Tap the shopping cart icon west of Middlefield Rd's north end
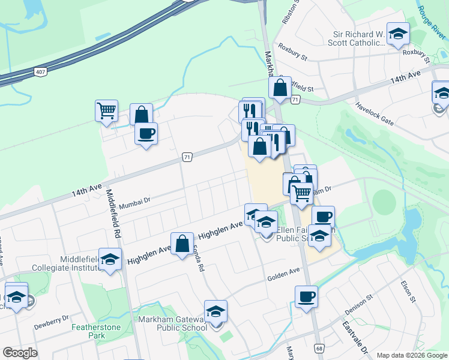pyautogui.click(x=106, y=110)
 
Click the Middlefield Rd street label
pyautogui.click(x=114, y=212)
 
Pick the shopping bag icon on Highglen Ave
pyautogui.click(x=182, y=244)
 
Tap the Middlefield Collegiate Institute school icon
pyautogui.click(x=109, y=260)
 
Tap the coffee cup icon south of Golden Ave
pyautogui.click(x=306, y=296)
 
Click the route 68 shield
pyautogui.click(x=319, y=348)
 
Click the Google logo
pyautogui.click(x=20, y=353)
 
